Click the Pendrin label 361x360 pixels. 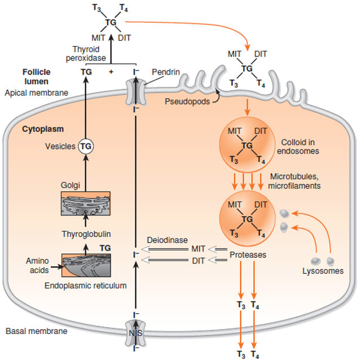(165, 72)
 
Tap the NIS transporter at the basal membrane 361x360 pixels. (135, 333)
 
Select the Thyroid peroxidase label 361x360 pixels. (86, 54)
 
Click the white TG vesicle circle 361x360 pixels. (86, 146)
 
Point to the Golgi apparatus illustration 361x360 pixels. (86, 203)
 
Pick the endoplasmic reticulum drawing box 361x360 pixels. (86, 265)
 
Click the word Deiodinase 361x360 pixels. (167, 240)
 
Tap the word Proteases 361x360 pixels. (248, 254)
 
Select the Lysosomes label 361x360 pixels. (323, 271)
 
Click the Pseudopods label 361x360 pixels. (187, 102)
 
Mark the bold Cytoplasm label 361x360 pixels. (43, 129)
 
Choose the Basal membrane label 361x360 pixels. (36, 331)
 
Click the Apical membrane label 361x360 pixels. (36, 93)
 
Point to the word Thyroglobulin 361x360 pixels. (86, 234)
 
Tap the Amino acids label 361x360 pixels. (37, 265)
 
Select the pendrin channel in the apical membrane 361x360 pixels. (135, 91)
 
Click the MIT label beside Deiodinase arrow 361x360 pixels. (198, 249)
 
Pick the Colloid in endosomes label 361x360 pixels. (298, 147)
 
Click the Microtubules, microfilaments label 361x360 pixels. (294, 181)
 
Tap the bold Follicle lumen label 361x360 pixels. (36, 77)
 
